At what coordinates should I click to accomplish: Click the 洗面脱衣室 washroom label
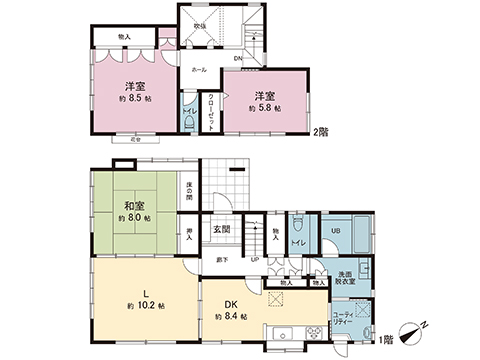(345, 278)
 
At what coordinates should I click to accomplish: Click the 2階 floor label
(321, 130)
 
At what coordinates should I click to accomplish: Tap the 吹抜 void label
(200, 27)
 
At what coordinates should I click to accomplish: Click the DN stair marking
(237, 59)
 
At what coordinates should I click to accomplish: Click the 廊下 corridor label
(221, 260)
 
